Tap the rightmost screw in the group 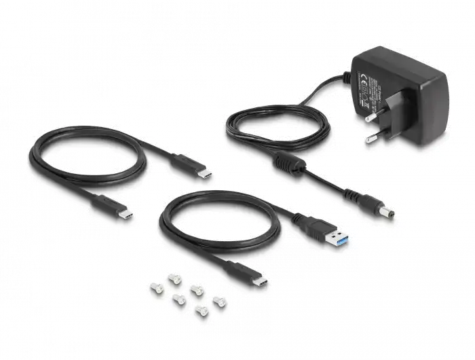[219, 300]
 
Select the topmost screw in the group [172, 276]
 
